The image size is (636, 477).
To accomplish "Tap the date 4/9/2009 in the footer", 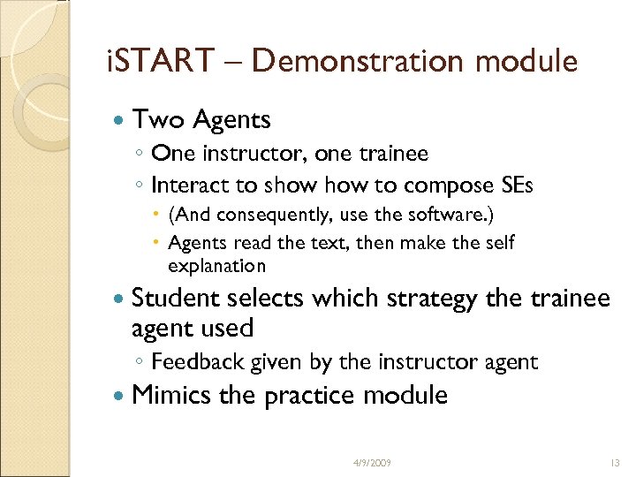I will [x=371, y=462].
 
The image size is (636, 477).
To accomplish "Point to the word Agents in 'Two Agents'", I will [x=231, y=118].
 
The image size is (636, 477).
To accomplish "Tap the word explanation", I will [x=216, y=265].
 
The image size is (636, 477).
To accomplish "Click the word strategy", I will [x=438, y=299].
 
